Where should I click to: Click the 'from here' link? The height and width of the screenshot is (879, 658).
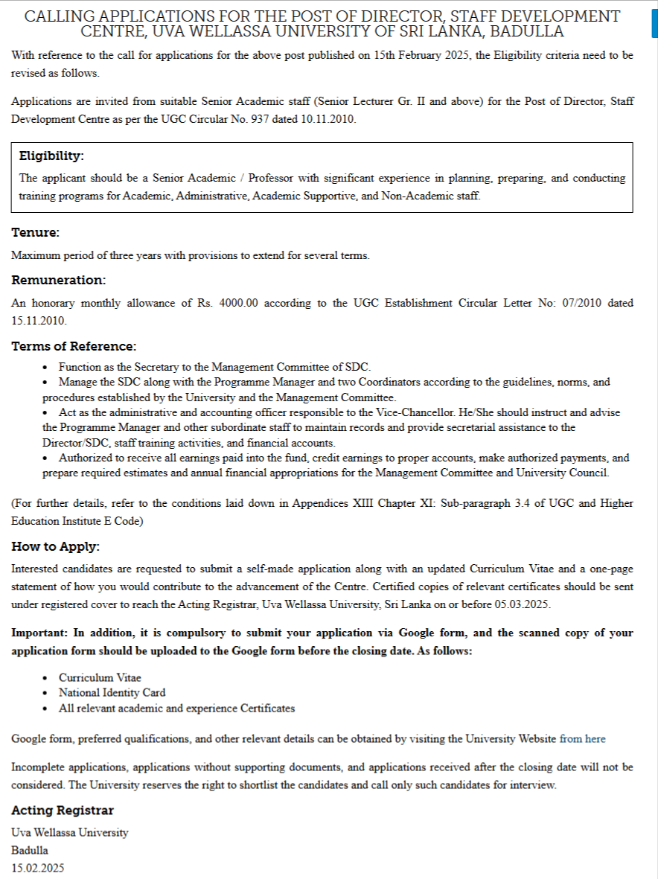pos(582,739)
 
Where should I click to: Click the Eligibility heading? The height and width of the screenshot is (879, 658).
pos(51,156)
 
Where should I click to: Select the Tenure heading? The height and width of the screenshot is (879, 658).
pos(35,233)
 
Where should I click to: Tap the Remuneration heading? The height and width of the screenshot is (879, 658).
pos(59,281)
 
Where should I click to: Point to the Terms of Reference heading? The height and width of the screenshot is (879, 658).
pos(74,346)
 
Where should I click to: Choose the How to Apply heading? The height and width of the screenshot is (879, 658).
pos(55,547)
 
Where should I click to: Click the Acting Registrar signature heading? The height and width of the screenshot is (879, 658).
pos(63,811)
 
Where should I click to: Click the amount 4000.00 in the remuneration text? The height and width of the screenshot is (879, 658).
pos(238,303)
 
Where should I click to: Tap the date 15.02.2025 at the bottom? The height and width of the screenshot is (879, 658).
pos(38,868)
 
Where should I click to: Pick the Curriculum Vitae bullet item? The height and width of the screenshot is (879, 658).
pos(100,678)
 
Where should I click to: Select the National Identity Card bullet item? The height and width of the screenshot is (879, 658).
pos(112,693)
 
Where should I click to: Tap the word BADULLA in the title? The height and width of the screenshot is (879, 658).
pos(528,31)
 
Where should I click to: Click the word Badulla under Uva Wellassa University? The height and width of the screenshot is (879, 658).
pos(30,850)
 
